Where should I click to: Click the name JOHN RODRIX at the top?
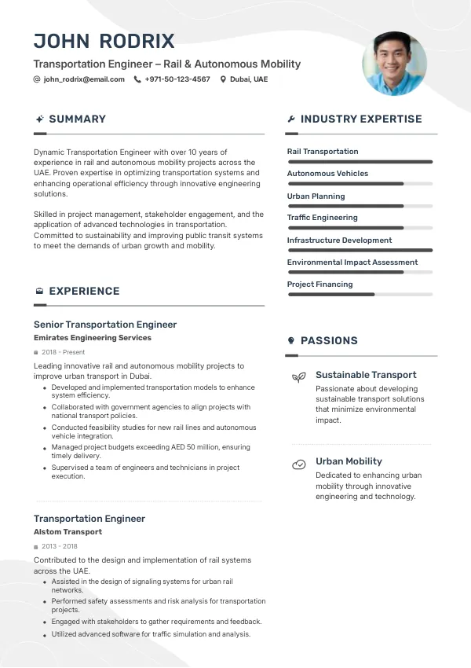[104, 42]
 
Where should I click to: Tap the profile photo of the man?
[394, 63]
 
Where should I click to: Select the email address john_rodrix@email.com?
[84, 79]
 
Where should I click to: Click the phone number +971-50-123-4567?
[177, 79]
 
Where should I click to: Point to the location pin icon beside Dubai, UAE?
[223, 79]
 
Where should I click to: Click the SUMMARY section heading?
[77, 119]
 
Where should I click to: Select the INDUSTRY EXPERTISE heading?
[361, 119]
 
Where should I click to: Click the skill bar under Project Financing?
[360, 295]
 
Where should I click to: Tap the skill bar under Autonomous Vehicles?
[360, 184]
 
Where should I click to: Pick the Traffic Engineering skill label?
[322, 218]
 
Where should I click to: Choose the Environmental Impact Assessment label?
[352, 262]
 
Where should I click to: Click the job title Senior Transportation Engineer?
[105, 325]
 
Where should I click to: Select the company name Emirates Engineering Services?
[93, 338]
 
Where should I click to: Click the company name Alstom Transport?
[68, 532]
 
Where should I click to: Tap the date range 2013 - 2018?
[60, 546]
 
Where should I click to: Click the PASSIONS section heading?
[329, 341]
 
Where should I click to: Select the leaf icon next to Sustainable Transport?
[298, 377]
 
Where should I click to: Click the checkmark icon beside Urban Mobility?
[298, 464]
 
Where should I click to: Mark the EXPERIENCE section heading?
[84, 292]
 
